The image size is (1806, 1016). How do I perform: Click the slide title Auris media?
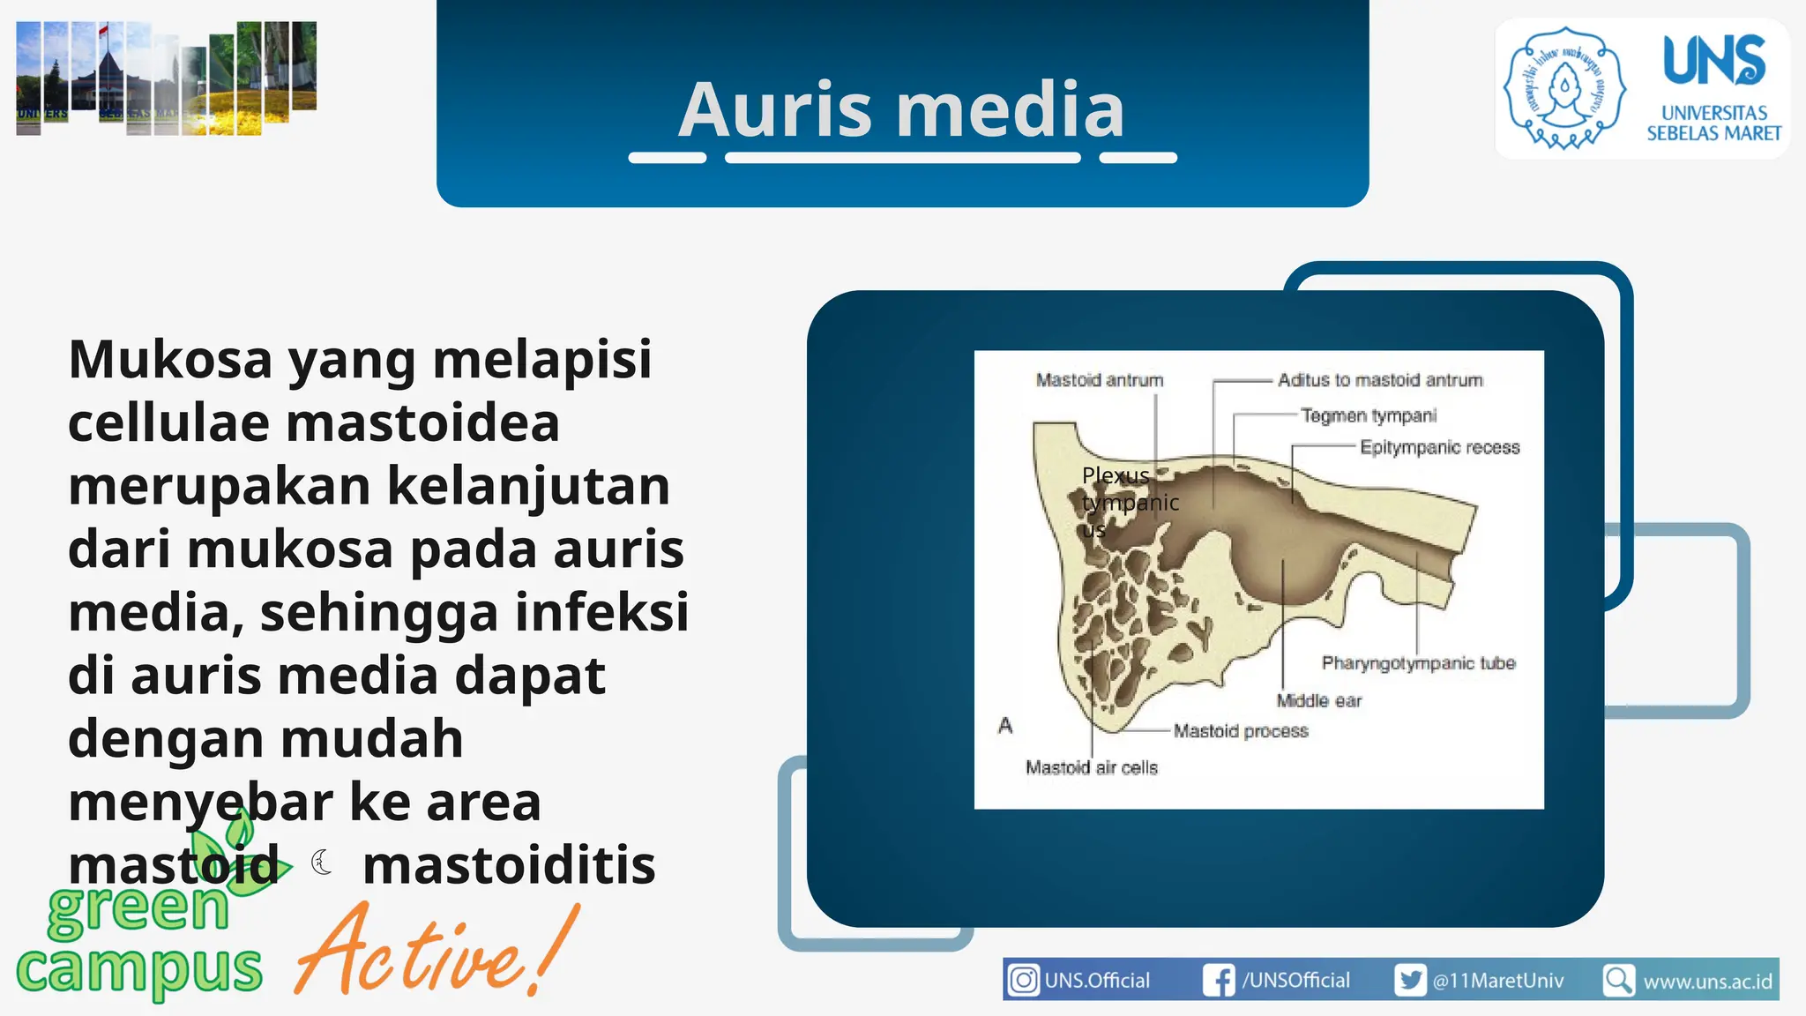click(x=901, y=109)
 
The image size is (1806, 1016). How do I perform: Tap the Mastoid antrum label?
click(x=1099, y=380)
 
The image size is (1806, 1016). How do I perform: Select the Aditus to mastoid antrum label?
click(x=1380, y=380)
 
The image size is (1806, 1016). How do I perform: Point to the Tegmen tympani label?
click(x=1369, y=415)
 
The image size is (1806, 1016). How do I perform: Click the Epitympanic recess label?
click(x=1439, y=448)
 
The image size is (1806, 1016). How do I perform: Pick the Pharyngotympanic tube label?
click(x=1418, y=663)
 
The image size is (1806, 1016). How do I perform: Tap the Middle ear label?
click(x=1318, y=701)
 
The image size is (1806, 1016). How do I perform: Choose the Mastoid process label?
click(x=1241, y=731)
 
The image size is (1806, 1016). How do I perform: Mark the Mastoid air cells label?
click(x=1091, y=768)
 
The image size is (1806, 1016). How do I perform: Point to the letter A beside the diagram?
click(x=1005, y=726)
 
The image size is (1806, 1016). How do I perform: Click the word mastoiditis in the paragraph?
click(x=509, y=865)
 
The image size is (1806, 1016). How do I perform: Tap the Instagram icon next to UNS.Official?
click(x=1023, y=980)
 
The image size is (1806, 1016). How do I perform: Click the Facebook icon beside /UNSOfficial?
click(x=1219, y=980)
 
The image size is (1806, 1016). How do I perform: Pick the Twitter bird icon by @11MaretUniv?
click(x=1409, y=980)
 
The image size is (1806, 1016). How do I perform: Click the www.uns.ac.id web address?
click(x=1707, y=982)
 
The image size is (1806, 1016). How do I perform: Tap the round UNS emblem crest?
click(x=1564, y=87)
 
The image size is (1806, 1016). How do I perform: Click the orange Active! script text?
click(x=437, y=952)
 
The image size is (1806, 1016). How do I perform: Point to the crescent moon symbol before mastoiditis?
click(x=323, y=862)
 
